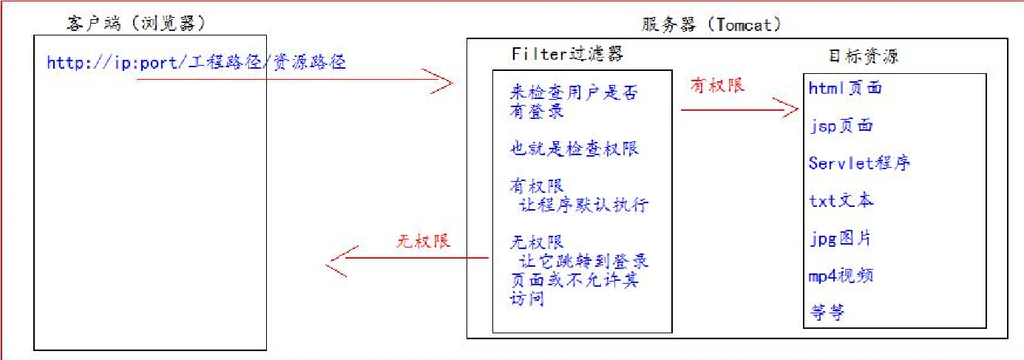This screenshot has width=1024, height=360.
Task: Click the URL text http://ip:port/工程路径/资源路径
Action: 196,63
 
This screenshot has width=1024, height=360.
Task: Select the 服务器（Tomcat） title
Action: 712,24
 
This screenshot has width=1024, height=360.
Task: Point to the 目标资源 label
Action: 864,56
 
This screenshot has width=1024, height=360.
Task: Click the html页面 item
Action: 845,89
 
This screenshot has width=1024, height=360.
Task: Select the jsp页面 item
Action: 841,126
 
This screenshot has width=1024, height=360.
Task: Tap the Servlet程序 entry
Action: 859,163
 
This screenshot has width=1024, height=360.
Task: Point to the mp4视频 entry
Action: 841,276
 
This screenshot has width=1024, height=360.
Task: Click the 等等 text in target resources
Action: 827,313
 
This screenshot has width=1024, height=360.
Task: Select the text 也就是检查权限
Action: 574,149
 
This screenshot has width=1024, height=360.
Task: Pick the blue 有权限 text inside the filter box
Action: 537,186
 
